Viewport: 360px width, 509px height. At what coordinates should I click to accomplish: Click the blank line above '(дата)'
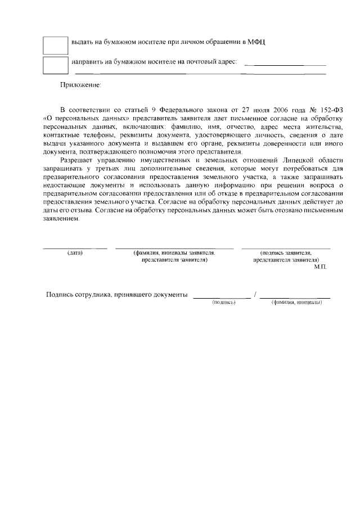pos(75,248)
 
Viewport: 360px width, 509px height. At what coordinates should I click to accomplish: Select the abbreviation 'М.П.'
pos(321,267)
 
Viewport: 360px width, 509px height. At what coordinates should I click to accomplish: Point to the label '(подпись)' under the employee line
pos(223,303)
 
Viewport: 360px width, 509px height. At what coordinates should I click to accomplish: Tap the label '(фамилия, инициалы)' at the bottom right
pos(296,303)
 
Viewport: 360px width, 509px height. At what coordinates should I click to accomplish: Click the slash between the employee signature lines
pos(255,295)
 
